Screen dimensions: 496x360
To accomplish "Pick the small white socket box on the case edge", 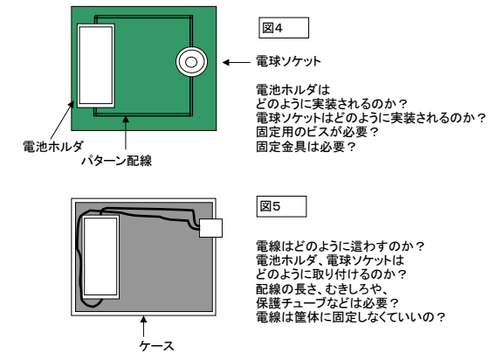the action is pyautogui.click(x=210, y=228).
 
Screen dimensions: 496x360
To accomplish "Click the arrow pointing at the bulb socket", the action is pyautogui.click(x=237, y=62).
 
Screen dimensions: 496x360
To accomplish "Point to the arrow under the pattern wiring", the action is pyautogui.click(x=126, y=133).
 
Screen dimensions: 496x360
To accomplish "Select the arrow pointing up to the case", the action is pyautogui.click(x=143, y=326).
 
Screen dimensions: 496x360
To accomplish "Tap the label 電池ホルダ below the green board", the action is pyautogui.click(x=53, y=146).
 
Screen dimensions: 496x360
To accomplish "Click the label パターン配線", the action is pyautogui.click(x=117, y=161).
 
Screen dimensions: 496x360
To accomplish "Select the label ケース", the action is pyautogui.click(x=157, y=345).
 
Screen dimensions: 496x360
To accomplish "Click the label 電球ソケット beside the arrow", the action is pyautogui.click(x=288, y=61).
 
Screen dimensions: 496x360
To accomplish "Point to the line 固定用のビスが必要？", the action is pyautogui.click(x=317, y=132).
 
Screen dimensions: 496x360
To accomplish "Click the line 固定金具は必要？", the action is pyautogui.click(x=306, y=147).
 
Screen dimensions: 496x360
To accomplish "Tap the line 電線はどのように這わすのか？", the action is pyautogui.click(x=340, y=246).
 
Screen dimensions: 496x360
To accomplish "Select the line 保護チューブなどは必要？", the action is pyautogui.click(x=327, y=303).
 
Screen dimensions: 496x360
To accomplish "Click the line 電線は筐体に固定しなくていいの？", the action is pyautogui.click(x=350, y=317).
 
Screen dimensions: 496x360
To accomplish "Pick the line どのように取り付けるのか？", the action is pyautogui.click(x=331, y=274).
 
